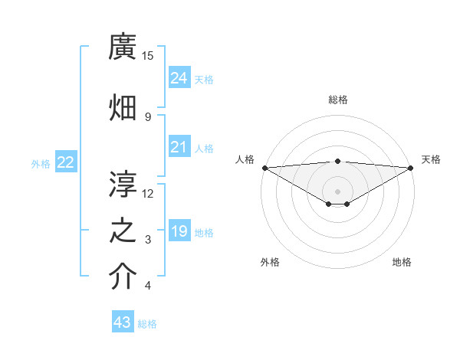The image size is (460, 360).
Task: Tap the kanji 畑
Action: click(123, 108)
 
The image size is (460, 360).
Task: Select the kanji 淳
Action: click(123, 183)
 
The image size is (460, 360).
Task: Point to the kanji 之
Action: click(123, 232)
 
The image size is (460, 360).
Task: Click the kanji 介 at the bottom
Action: click(123, 278)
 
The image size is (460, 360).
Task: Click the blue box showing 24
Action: click(179, 77)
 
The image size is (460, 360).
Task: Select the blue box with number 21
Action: click(179, 146)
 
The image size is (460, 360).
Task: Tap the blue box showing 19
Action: click(179, 231)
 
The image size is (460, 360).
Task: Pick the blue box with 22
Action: click(66, 162)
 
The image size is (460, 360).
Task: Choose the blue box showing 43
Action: click(123, 322)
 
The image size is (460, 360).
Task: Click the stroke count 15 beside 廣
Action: click(148, 55)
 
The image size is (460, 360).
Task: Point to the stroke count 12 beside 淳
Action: click(148, 192)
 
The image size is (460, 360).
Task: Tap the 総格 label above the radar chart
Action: click(338, 100)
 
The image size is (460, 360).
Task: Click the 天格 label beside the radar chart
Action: click(431, 159)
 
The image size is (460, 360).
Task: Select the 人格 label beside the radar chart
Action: click(245, 159)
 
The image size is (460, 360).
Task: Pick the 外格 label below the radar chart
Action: click(270, 262)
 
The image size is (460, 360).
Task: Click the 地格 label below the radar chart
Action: click(402, 262)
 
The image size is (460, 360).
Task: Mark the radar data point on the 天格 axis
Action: click(411, 167)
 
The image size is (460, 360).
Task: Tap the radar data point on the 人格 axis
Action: click(264, 167)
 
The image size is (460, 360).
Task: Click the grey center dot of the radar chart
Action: click(337, 191)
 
